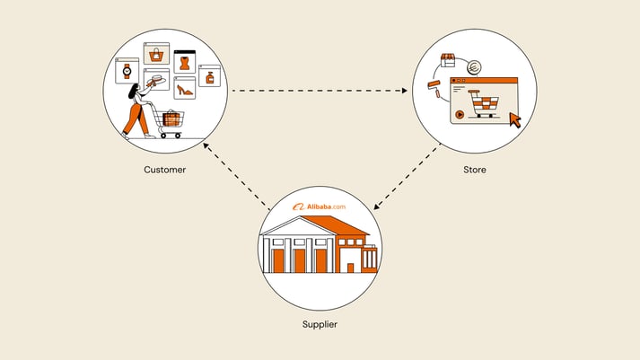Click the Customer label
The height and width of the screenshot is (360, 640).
pyautogui.click(x=165, y=169)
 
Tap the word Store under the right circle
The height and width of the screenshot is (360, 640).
pyautogui.click(x=475, y=169)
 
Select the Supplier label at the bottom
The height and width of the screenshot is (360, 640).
pyautogui.click(x=320, y=322)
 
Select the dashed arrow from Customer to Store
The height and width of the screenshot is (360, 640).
pyautogui.click(x=320, y=90)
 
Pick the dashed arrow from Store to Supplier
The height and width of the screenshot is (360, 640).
pyautogui.click(x=407, y=177)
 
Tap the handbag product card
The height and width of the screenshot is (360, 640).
pyautogui.click(x=160, y=55)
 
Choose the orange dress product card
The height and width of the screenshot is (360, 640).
pyautogui.click(x=185, y=62)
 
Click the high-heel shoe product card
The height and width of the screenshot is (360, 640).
pyautogui.click(x=184, y=87)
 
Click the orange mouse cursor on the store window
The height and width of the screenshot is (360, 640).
pyautogui.click(x=514, y=119)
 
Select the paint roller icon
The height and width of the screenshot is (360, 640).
pyautogui.click(x=434, y=88)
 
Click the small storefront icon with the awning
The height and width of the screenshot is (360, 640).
pyautogui.click(x=448, y=60)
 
